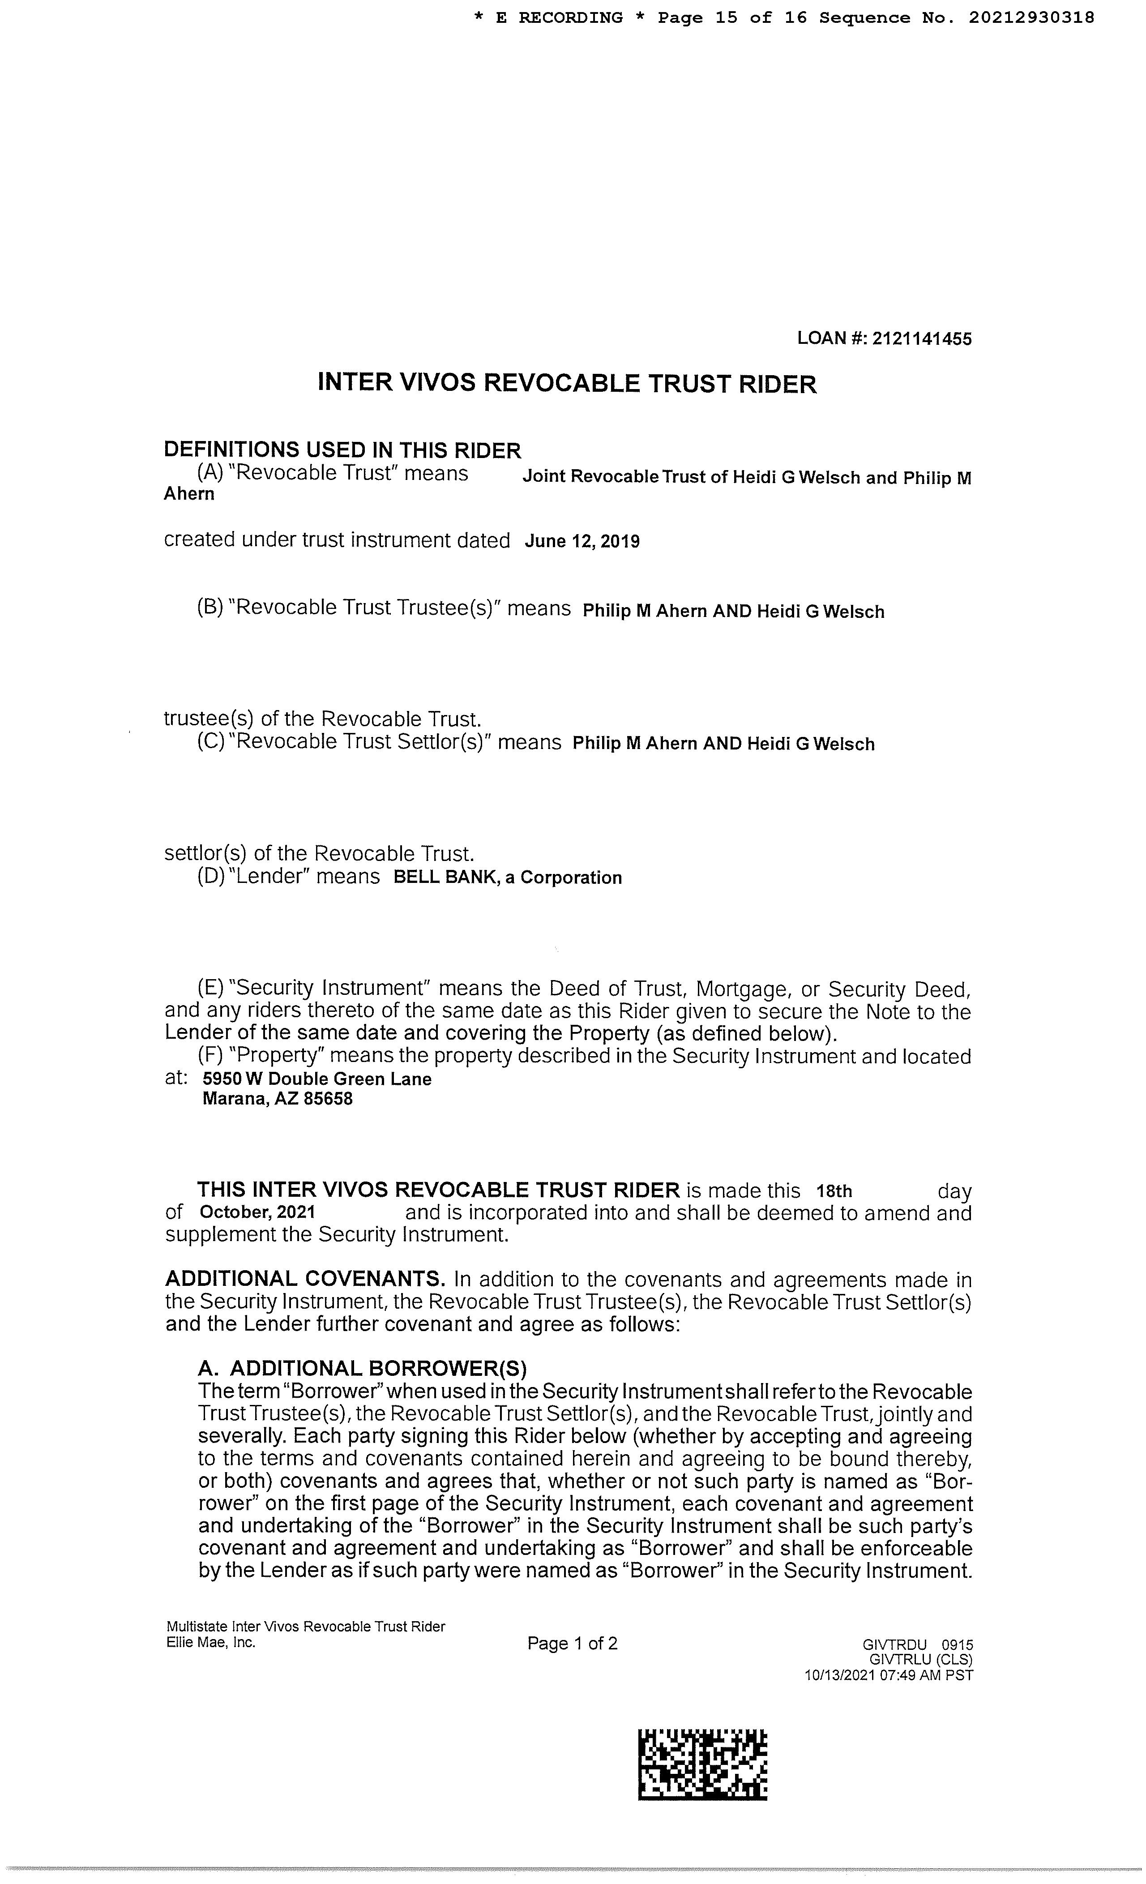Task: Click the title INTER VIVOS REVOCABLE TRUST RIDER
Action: (566, 383)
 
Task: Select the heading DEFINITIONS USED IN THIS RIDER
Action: (342, 450)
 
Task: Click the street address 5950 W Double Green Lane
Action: (316, 1079)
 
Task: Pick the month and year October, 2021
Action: (257, 1212)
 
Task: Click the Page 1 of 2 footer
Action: (572, 1643)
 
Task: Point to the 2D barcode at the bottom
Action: (702, 1765)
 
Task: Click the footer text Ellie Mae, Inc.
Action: (210, 1642)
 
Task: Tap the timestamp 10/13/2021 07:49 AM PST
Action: (888, 1675)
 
